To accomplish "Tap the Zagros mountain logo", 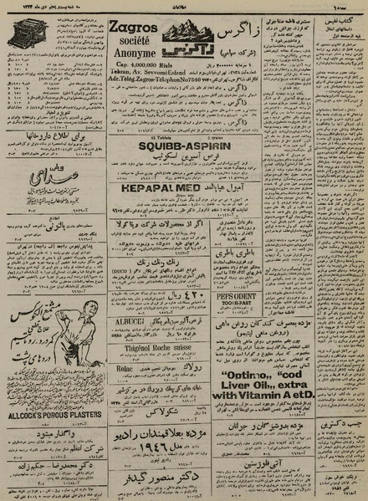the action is pos(176,37).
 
